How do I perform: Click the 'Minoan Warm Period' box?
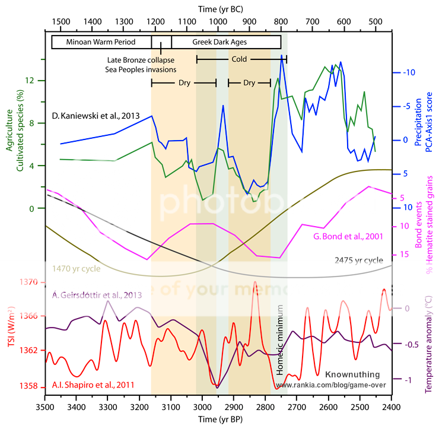point(101,42)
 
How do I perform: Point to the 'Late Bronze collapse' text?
point(141,60)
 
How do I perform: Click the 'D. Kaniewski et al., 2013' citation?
point(96,116)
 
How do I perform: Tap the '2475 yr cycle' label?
point(359,260)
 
